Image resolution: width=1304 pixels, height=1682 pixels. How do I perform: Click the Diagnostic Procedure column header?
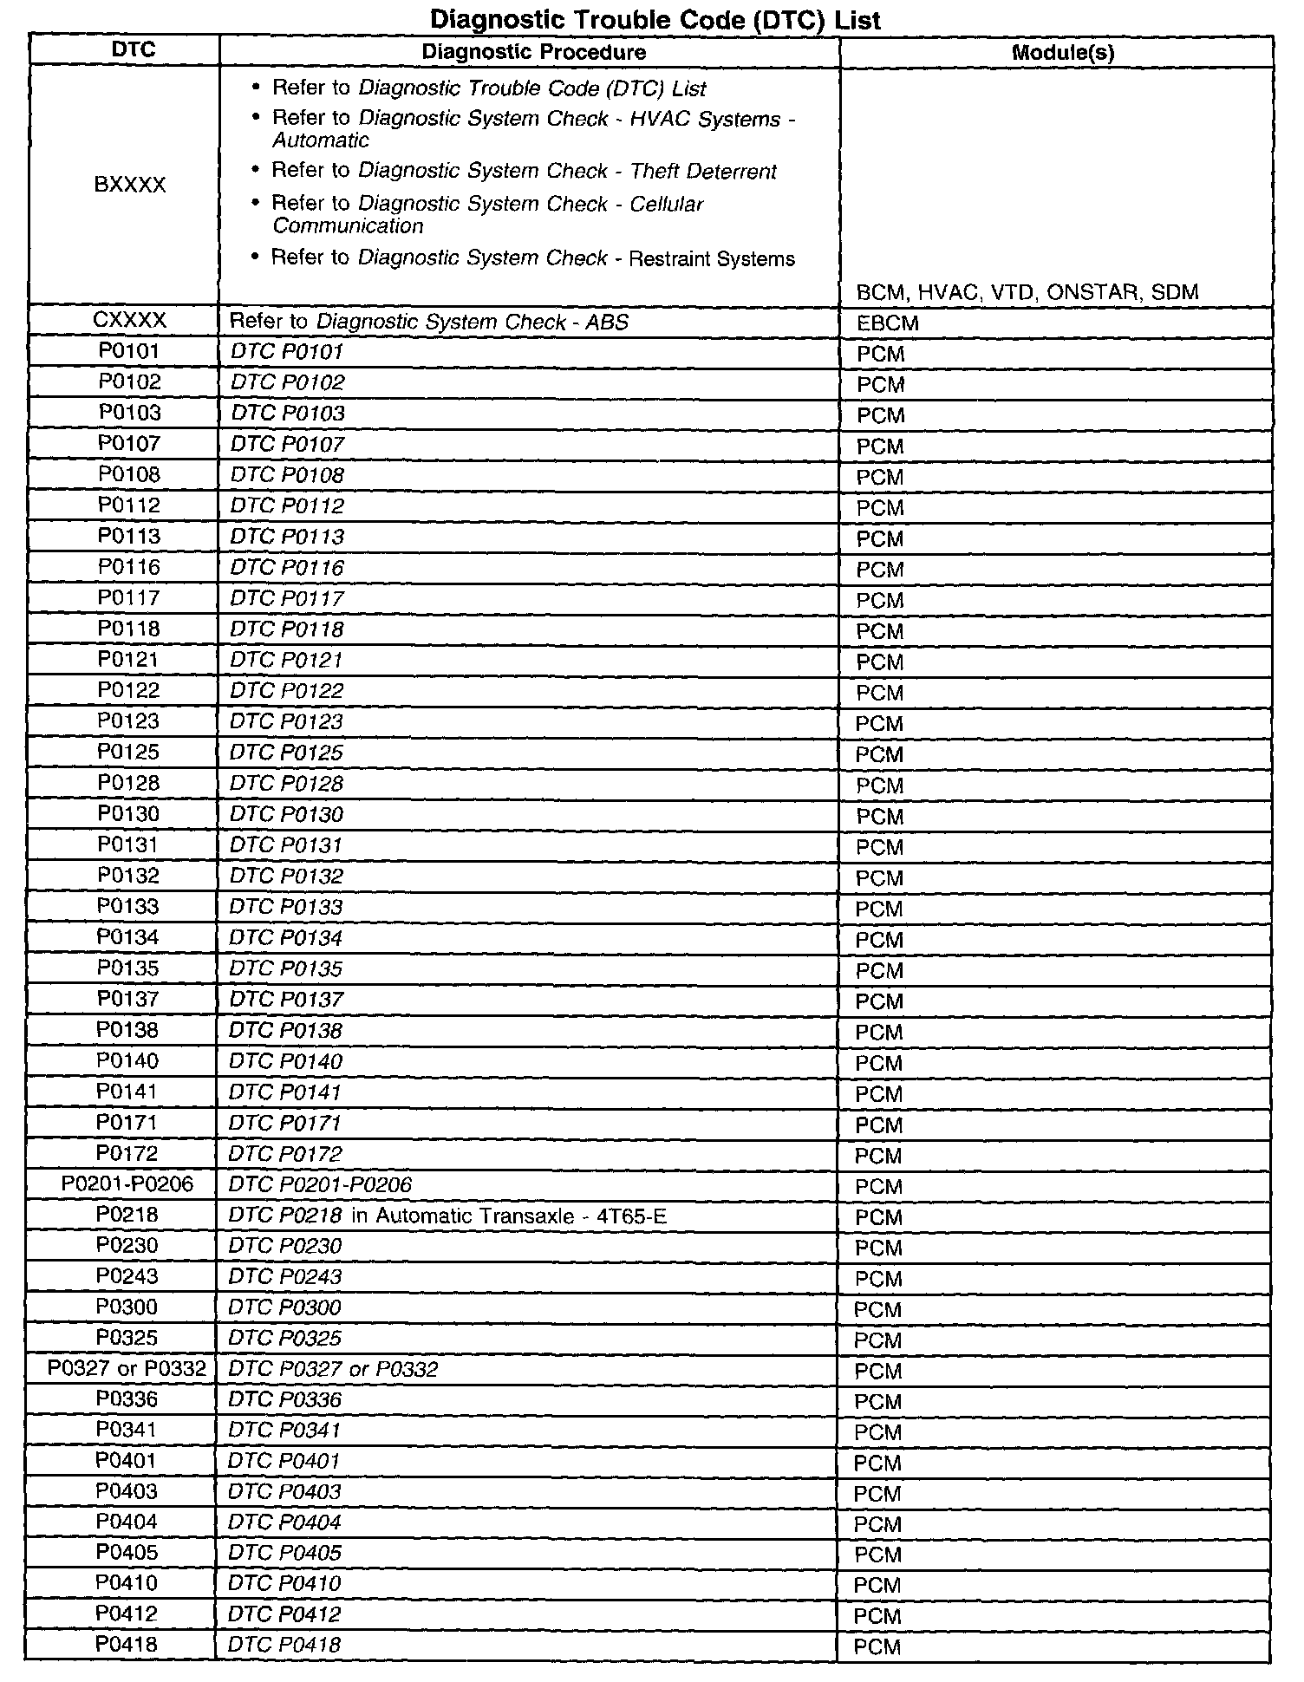pos(533,52)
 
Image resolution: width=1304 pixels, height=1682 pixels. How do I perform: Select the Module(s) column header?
pos(1063,53)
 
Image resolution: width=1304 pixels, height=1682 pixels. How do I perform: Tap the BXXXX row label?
pos(130,185)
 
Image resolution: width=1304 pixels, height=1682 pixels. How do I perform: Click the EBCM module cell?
pos(887,323)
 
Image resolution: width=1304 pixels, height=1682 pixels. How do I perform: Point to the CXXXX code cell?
pos(129,321)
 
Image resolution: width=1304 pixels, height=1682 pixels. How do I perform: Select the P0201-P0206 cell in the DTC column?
pos(127,1183)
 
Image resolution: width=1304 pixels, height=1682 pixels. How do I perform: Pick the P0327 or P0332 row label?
pos(127,1368)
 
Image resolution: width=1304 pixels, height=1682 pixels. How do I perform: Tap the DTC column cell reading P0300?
pos(127,1307)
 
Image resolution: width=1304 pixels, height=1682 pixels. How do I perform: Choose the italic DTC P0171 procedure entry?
pos(285,1123)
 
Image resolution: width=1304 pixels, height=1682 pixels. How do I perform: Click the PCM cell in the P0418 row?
pos(877,1646)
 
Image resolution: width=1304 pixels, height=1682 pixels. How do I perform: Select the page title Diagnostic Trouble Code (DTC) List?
pos(655,19)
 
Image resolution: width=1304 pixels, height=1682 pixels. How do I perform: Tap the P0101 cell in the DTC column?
pos(129,351)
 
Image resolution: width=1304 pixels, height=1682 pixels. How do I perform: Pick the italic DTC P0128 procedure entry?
pos(286,784)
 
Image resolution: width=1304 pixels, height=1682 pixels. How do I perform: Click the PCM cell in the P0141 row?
pos(879,1094)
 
